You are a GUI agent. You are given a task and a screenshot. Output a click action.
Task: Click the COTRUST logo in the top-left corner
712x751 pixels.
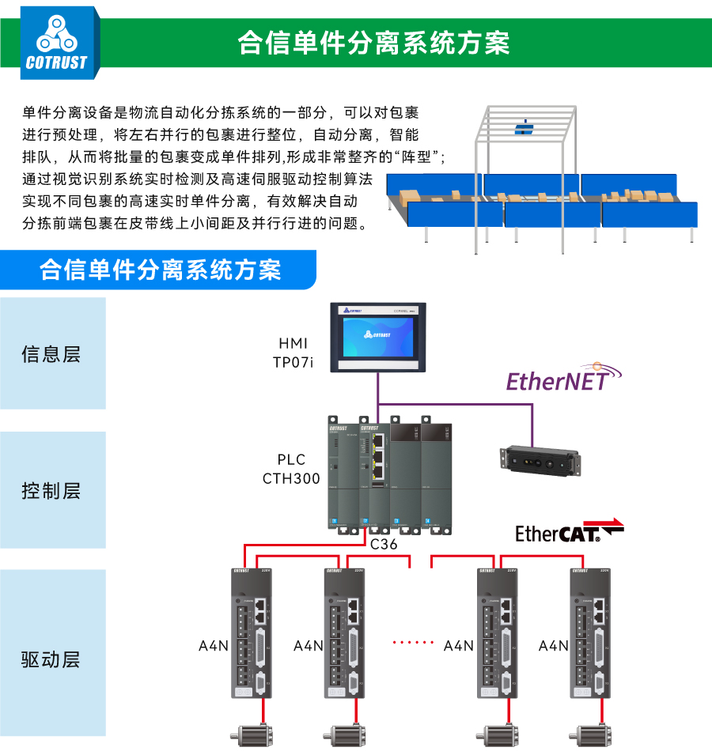pyautogui.click(x=57, y=43)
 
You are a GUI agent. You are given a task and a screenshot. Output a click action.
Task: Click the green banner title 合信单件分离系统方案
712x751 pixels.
pyautogui.click(x=373, y=43)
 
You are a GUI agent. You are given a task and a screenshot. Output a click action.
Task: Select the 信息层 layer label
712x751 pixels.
pyautogui.click(x=51, y=353)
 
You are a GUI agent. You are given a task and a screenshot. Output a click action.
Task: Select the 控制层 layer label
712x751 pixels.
pyautogui.click(x=51, y=491)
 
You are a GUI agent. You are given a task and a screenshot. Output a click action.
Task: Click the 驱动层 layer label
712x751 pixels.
pyautogui.click(x=51, y=659)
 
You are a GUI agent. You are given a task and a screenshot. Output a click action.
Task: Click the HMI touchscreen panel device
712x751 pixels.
pyautogui.click(x=377, y=337)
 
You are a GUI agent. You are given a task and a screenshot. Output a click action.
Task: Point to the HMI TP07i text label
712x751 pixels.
pyautogui.click(x=293, y=353)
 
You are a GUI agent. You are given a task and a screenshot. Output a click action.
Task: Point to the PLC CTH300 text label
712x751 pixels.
pyautogui.click(x=291, y=469)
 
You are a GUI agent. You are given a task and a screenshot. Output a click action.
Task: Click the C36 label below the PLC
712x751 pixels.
pyautogui.click(x=384, y=544)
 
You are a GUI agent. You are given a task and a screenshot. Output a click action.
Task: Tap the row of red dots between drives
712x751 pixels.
pyautogui.click(x=414, y=642)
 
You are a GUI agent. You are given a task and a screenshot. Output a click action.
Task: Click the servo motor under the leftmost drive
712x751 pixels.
pyautogui.click(x=252, y=734)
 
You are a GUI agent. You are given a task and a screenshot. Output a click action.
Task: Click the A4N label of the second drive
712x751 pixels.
pyautogui.click(x=309, y=646)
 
